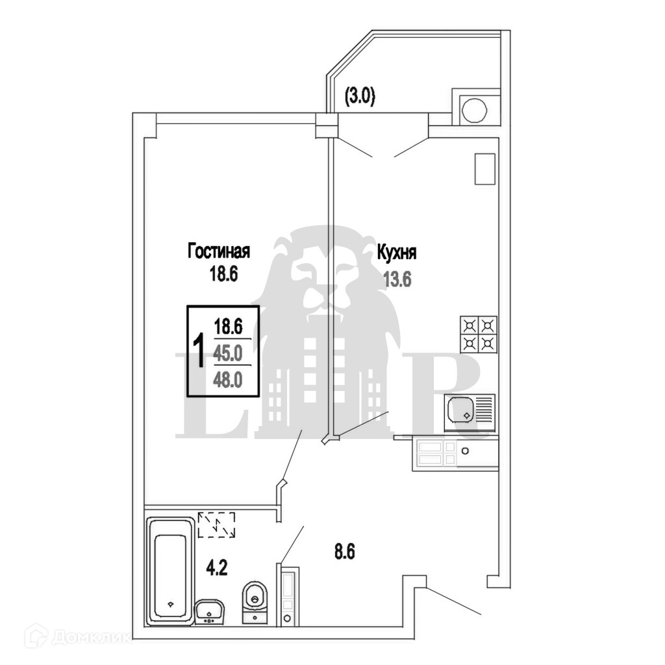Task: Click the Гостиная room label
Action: click(219, 251)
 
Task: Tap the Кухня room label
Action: click(397, 253)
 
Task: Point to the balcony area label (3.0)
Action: click(360, 97)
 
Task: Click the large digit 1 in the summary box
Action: click(200, 351)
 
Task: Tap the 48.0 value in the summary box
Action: click(228, 377)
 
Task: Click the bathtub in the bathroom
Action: click(171, 570)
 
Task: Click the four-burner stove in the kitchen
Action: click(479, 334)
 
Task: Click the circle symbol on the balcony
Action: click(473, 110)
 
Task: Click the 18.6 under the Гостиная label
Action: click(219, 273)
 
